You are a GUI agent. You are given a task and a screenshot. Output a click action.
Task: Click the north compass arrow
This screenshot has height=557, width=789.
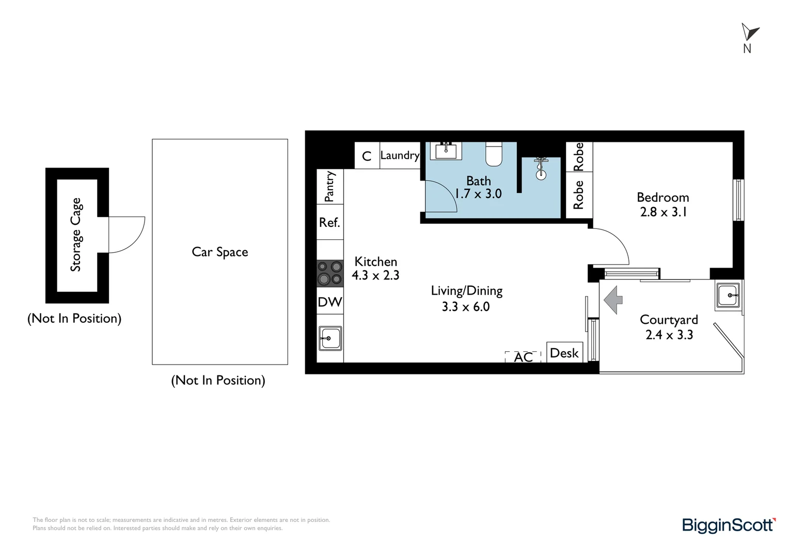tap(750, 32)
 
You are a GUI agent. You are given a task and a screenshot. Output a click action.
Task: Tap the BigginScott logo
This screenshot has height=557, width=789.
tap(729, 525)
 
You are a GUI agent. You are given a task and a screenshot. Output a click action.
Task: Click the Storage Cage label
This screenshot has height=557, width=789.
tap(76, 235)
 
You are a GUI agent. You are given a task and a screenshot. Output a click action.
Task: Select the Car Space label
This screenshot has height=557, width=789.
tap(220, 252)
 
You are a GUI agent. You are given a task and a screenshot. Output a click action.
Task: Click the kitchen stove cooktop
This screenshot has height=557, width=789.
tap(330, 273)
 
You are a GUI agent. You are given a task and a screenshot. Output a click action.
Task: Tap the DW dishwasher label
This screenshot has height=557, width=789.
tap(330, 302)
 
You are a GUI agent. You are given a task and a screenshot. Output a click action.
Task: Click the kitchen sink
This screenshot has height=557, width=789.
tap(330, 338)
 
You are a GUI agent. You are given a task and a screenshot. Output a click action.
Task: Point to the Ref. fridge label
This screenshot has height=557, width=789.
tap(329, 222)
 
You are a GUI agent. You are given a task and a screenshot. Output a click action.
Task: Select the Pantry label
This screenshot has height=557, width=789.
tap(329, 186)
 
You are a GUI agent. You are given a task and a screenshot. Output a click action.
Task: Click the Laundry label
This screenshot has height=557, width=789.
tap(400, 155)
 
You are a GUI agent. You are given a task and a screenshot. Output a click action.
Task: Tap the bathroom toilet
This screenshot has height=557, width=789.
tap(494, 154)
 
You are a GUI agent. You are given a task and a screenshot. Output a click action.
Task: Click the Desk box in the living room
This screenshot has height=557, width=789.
tap(564, 353)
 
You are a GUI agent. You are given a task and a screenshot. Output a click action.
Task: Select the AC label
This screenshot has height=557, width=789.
tap(523, 357)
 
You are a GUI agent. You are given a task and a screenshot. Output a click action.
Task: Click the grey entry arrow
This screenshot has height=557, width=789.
tap(613, 300)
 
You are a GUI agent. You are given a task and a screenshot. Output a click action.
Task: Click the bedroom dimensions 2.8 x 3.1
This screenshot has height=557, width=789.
tap(664, 212)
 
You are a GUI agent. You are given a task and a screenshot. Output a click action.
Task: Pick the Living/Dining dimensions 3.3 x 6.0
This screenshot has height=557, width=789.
tap(466, 306)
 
